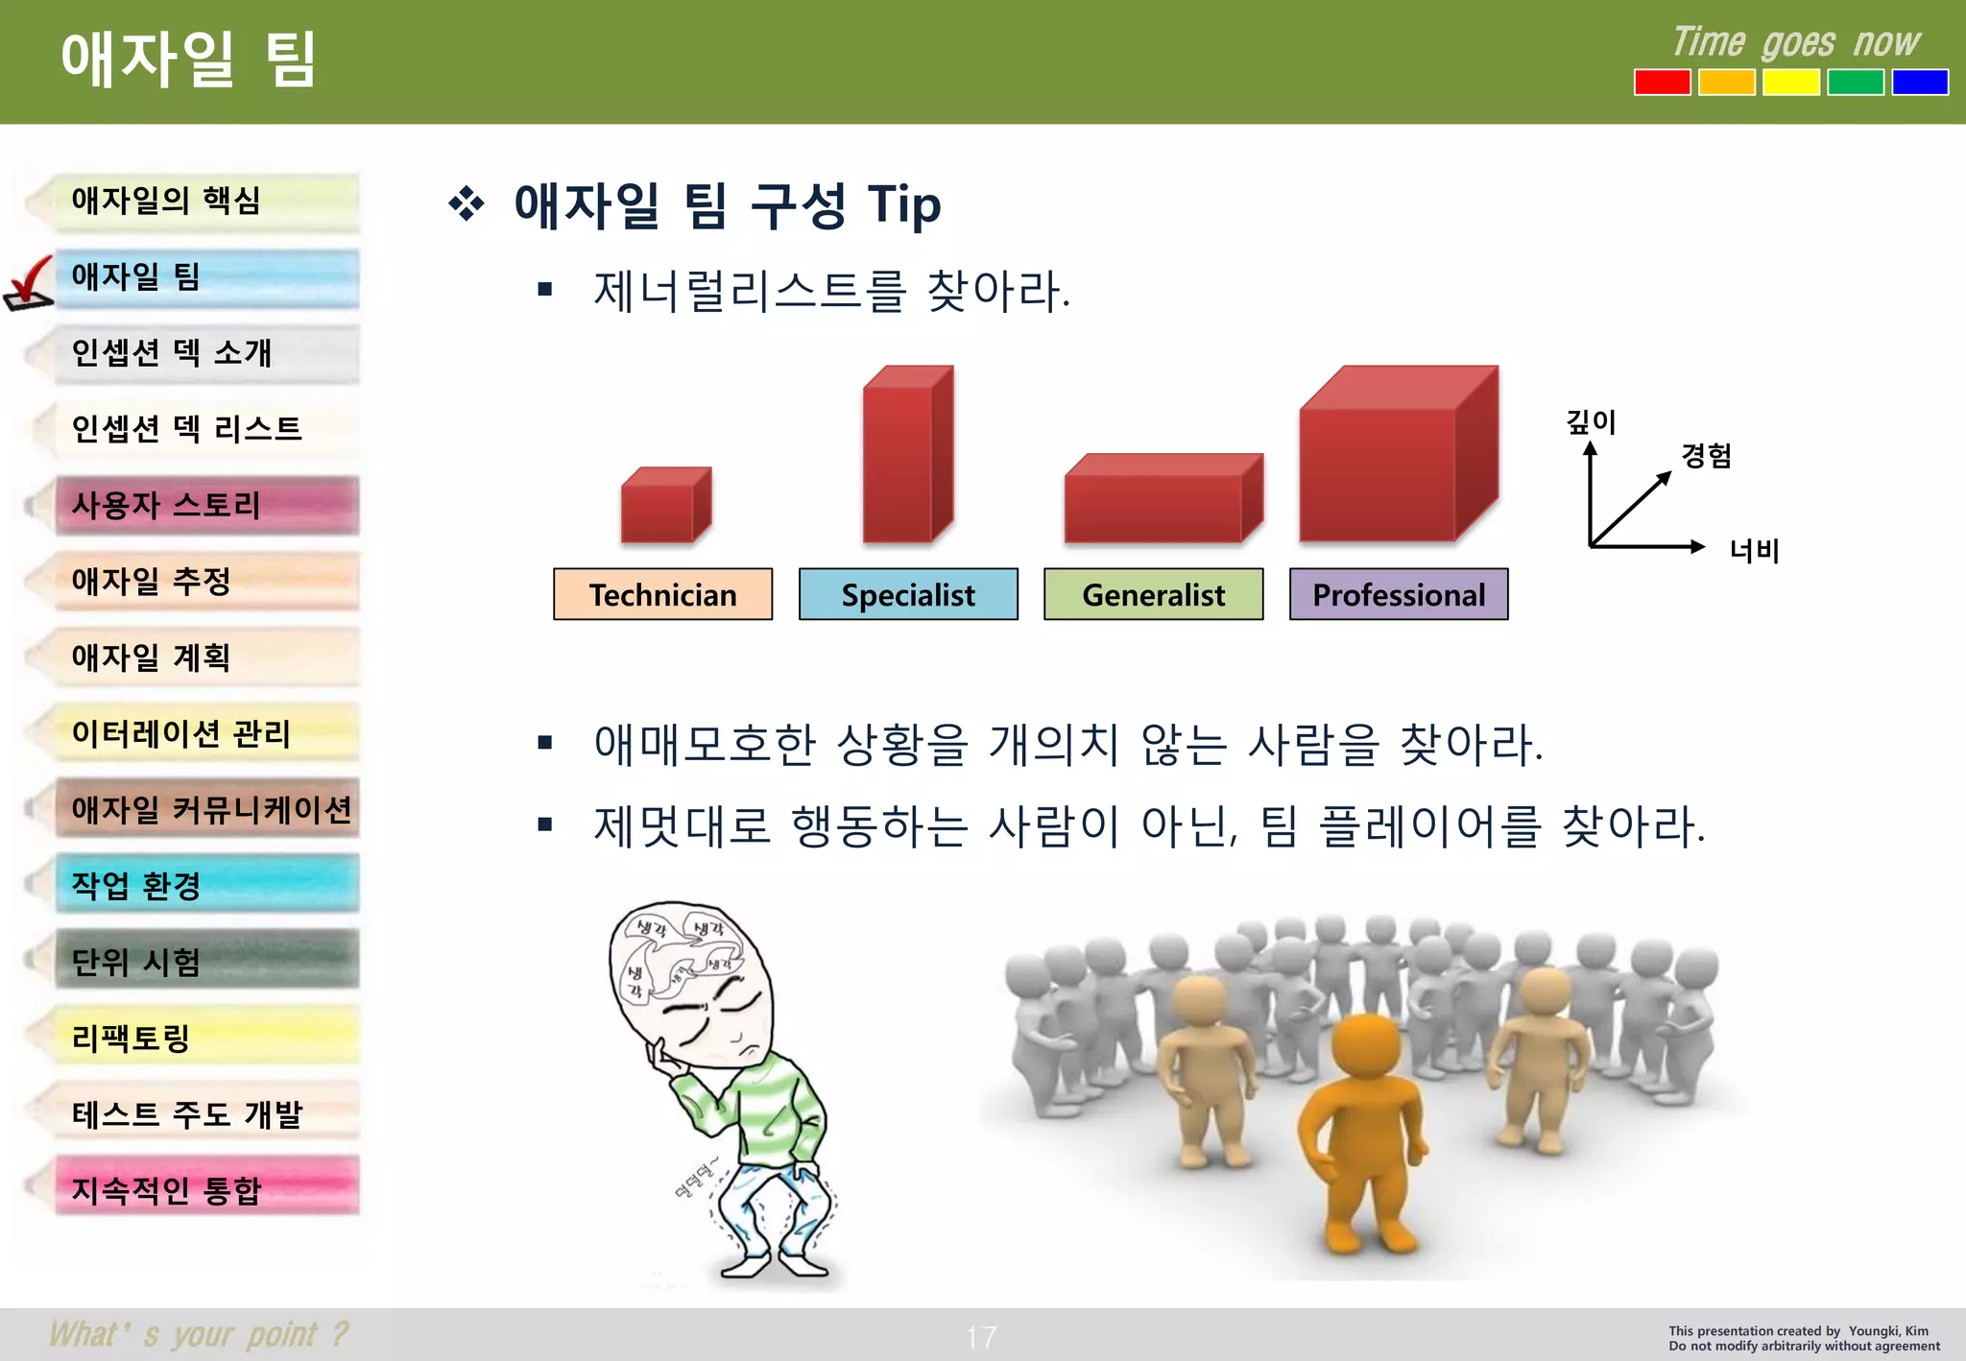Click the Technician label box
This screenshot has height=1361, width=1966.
click(x=662, y=594)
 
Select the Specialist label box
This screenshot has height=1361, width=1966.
click(x=908, y=594)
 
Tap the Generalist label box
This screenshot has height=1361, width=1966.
click(x=1153, y=594)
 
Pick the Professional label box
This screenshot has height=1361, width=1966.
click(x=1399, y=594)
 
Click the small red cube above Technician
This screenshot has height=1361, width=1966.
click(x=664, y=506)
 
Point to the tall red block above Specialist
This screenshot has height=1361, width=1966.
click(x=906, y=456)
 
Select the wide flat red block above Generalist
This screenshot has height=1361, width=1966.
click(x=1162, y=499)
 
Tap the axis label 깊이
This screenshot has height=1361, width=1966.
click(x=1591, y=421)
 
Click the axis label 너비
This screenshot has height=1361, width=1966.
click(x=1754, y=550)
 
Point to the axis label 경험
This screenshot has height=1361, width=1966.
click(x=1706, y=455)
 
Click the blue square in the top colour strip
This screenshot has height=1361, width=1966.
click(x=1919, y=83)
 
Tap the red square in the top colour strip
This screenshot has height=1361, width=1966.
click(x=1663, y=83)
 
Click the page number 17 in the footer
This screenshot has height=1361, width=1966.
click(x=981, y=1337)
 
